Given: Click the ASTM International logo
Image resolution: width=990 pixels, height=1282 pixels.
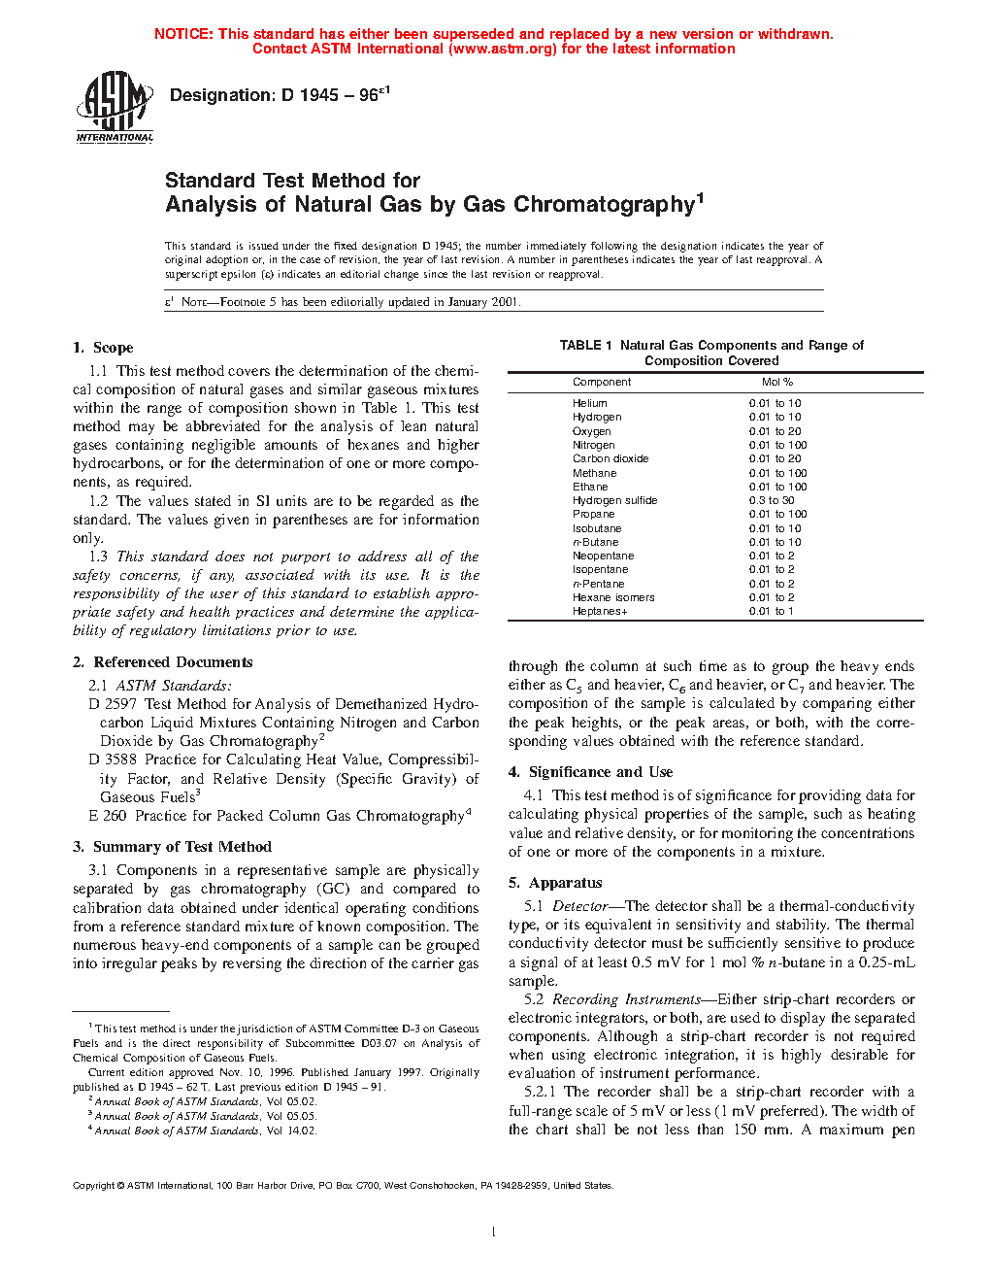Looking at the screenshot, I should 115,108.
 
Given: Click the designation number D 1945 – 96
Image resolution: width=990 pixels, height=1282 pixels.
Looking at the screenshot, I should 280,95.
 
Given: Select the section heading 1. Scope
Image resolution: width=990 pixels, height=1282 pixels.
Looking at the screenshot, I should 103,348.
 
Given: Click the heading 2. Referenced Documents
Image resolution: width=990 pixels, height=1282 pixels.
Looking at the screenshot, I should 162,662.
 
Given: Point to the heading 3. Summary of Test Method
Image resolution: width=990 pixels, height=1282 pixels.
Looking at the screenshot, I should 172,847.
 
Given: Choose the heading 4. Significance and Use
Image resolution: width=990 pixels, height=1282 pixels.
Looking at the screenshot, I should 590,772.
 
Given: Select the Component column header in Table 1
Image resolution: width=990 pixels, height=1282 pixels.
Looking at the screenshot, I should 602,383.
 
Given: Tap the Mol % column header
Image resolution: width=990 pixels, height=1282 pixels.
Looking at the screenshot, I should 777,383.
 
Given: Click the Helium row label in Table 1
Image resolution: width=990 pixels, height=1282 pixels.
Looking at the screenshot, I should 590,403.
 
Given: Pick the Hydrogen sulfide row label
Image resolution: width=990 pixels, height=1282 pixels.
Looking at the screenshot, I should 614,501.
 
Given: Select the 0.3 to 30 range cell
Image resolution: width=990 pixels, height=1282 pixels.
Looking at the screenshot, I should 772,501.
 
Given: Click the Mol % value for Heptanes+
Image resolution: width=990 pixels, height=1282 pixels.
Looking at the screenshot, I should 771,612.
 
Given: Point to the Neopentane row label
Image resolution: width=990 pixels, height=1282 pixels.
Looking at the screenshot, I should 603,557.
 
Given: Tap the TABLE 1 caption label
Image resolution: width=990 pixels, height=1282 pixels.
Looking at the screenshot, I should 585,346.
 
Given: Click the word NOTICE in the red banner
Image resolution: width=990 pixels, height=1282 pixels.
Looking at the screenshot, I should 183,34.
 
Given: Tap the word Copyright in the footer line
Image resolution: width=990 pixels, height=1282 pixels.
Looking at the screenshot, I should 94,1186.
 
